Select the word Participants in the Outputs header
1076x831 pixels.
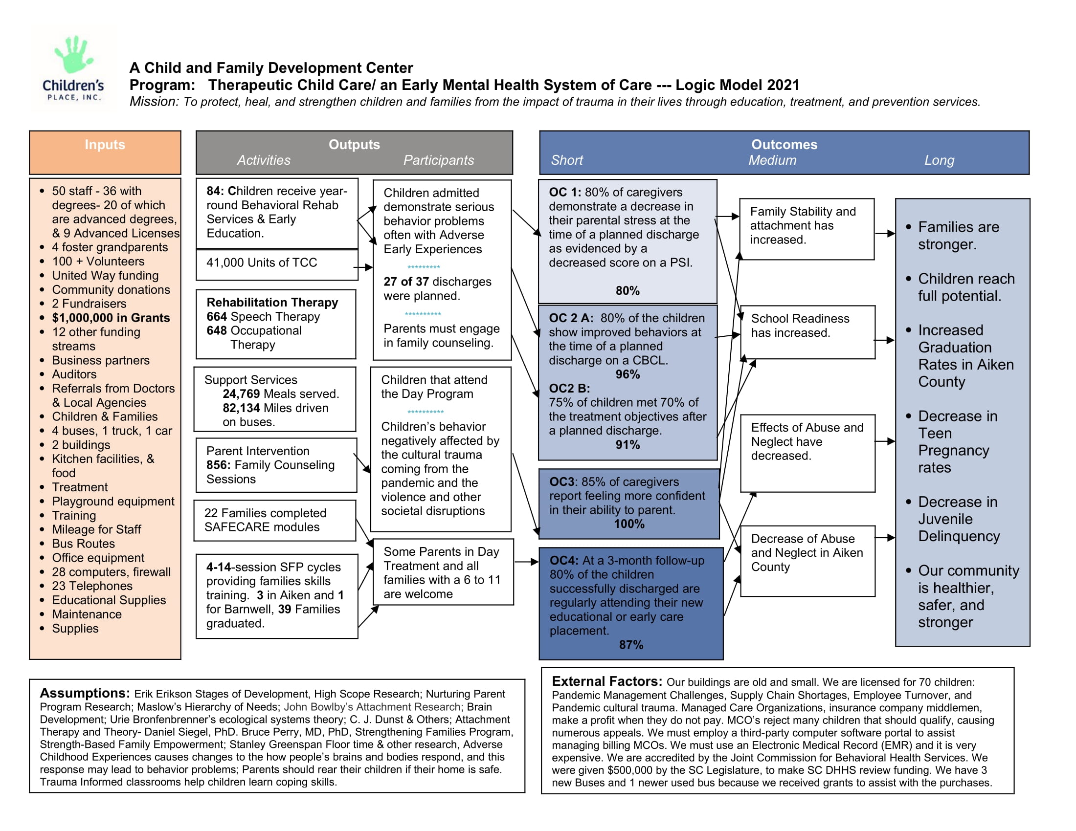(x=438, y=160)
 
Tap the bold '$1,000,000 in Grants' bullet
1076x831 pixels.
(x=111, y=318)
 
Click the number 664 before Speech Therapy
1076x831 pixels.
(x=216, y=317)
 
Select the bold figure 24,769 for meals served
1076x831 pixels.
(x=241, y=394)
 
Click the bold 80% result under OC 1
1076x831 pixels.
(x=627, y=291)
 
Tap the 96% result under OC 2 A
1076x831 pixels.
(x=627, y=374)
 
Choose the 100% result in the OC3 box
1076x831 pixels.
(x=628, y=525)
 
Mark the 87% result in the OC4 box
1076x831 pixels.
(x=630, y=645)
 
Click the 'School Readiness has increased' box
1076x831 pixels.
(x=807, y=332)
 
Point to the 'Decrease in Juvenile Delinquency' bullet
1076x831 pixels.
(x=958, y=519)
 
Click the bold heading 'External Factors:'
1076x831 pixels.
(x=606, y=681)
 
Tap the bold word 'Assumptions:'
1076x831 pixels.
(x=85, y=693)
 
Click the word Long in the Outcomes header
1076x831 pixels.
(x=939, y=160)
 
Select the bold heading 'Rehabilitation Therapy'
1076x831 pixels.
(x=272, y=302)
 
